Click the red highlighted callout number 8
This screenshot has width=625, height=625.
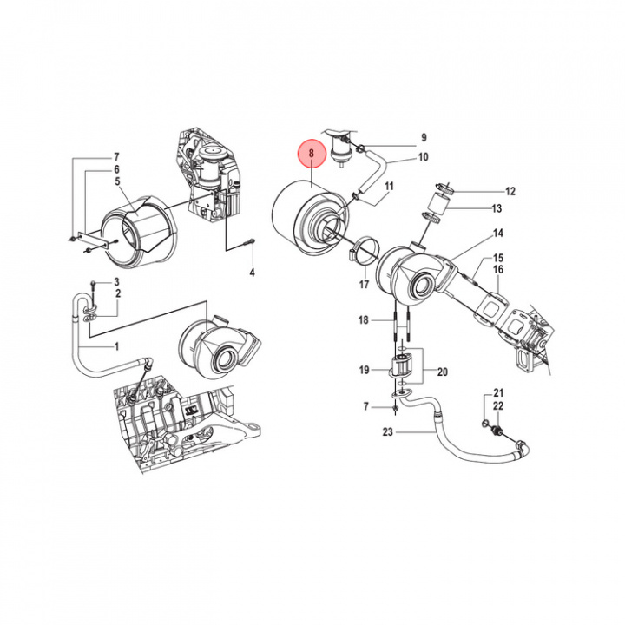coord(312,153)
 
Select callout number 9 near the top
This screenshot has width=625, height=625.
coord(424,137)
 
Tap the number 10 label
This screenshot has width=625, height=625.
coord(423,157)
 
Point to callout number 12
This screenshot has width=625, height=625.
coord(510,191)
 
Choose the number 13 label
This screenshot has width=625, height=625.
coord(497,208)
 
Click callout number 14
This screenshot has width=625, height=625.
coord(498,233)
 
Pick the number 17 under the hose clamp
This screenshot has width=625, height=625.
coord(364,284)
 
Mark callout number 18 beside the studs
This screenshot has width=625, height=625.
coord(364,319)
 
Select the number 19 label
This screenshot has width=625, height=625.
coord(364,370)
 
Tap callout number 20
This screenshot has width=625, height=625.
coord(443,372)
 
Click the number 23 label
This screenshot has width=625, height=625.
coord(388,431)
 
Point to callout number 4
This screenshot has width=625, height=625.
coord(252,273)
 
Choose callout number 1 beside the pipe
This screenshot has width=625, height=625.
coord(116,346)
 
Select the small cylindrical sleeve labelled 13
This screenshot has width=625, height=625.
coord(437,201)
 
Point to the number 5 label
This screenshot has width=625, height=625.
coord(117,181)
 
